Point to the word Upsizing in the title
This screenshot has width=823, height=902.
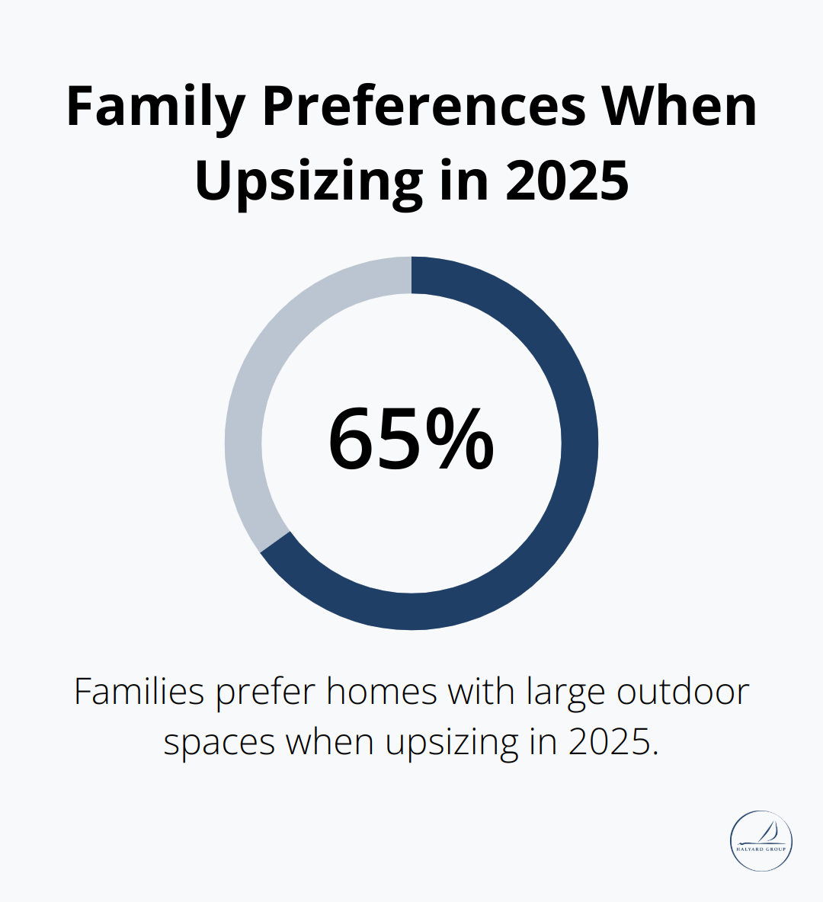point(309,181)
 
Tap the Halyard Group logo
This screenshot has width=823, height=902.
point(761,841)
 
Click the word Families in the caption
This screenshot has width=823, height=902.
point(139,692)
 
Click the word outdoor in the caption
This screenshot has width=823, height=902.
point(683,692)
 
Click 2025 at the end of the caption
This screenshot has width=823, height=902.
point(611,741)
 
